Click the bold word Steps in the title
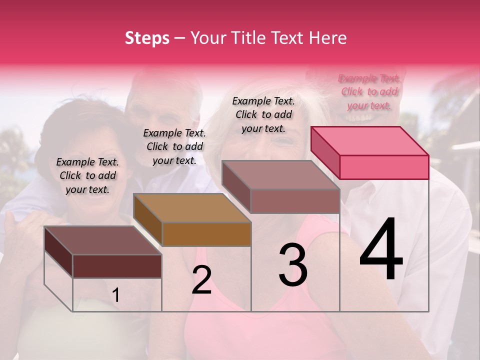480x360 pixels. [x=147, y=38]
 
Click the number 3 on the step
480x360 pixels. [x=292, y=265]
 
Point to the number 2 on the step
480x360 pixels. [x=201, y=280]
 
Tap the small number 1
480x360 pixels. [x=116, y=295]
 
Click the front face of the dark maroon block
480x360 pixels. [x=117, y=266]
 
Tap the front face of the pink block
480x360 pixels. [x=384, y=167]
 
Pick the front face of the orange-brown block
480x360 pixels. [x=206, y=234]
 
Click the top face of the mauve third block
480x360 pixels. [x=280, y=175]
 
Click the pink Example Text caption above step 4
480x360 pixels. [x=369, y=91]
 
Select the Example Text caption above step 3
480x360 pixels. [x=263, y=114]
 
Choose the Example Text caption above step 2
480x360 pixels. [x=174, y=146]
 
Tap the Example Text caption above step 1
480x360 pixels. [x=87, y=175]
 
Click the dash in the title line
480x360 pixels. [x=180, y=38]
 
